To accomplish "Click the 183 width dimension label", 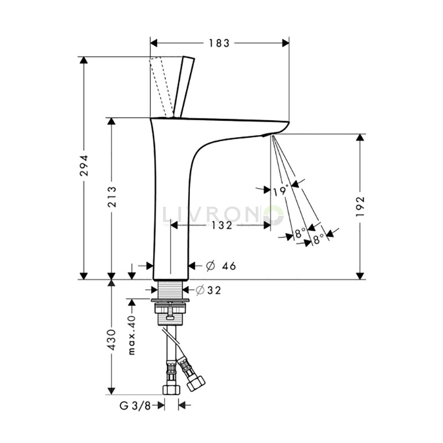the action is coord(219,43).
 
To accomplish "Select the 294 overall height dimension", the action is coord(84,165).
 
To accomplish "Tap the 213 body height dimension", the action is coord(112,197).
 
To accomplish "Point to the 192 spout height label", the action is coord(360,207).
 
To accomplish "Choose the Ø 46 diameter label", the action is coord(221,266).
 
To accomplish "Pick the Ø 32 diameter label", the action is coord(208,290).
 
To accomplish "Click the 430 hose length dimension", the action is coord(112,339).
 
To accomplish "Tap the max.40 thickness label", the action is coord(132,335).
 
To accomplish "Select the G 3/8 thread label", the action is coord(135,406).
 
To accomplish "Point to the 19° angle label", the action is coord(281,190).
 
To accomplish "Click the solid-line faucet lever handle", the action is coord(184,86).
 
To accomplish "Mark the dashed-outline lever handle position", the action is coord(161,87).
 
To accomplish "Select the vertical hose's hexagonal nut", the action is coord(172,390).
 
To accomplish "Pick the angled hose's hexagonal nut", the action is coord(196,383).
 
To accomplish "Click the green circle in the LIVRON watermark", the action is coord(274,215).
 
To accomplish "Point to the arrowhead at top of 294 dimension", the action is coord(84,60).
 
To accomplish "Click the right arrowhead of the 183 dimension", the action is coord(286,43).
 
